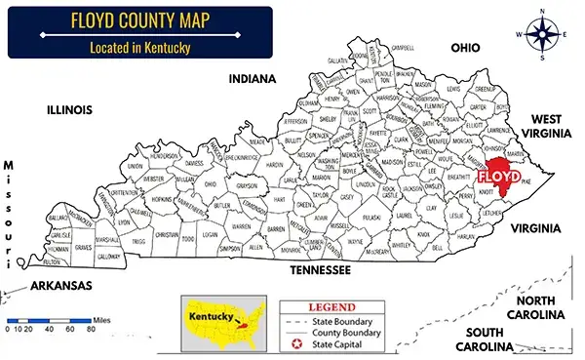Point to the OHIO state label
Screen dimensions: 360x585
pos(467,48)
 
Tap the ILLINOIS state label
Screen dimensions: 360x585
pos(69,110)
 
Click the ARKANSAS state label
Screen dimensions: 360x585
pos(59,286)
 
